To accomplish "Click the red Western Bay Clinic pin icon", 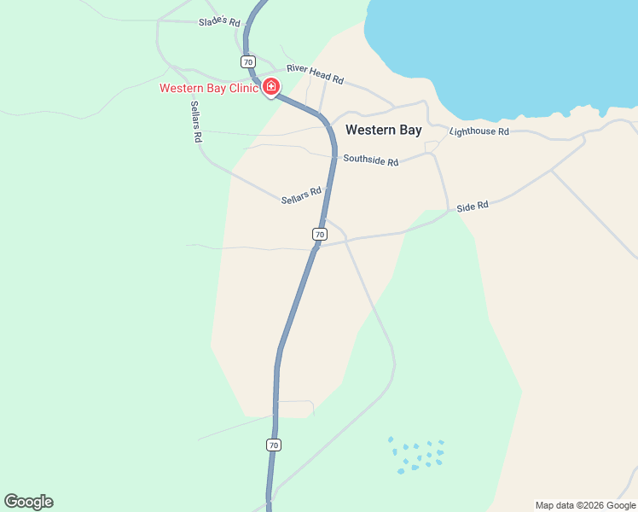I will coord(271,86).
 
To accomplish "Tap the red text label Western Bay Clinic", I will coord(209,88).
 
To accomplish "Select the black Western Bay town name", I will coord(383,131).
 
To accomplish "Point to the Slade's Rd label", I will coord(220,21).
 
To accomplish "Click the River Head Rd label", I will coord(315,73).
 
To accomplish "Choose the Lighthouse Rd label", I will coord(478,131).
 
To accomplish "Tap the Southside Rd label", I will coord(370,160).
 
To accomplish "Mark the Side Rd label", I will coord(472,207).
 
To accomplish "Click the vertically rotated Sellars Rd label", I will coord(196,120).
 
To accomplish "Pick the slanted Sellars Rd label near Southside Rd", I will coord(301,196).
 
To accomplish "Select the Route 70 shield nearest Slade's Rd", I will coord(247,62).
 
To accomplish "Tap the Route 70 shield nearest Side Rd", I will coord(319,234).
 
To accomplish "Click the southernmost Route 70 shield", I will coord(273,445).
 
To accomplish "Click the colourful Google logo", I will coord(28,502).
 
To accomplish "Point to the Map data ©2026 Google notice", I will coord(585,505).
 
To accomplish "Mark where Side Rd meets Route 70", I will coord(316,246).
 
